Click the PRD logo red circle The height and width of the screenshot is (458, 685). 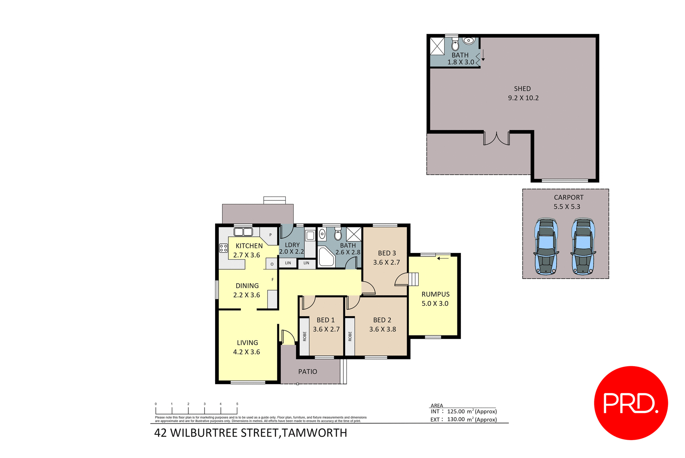tap(630, 403)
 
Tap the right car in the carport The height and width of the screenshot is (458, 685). tap(583, 247)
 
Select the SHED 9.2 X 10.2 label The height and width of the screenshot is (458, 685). tap(523, 93)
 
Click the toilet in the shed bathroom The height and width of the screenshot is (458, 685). tap(455, 45)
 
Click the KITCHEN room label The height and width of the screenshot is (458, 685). tap(249, 246)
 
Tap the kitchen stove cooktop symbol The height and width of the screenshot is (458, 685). tap(223, 248)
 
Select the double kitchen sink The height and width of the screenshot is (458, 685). tap(243, 232)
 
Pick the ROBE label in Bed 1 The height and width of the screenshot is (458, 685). tap(305, 336)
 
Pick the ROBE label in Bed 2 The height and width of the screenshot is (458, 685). tap(350, 336)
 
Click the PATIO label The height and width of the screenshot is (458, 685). tap(308, 372)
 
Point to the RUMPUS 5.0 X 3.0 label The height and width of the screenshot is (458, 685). tap(435, 299)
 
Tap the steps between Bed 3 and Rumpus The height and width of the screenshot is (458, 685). tap(413, 279)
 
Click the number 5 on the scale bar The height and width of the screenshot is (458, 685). tap(237, 404)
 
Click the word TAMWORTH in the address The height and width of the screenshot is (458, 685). tap(314, 433)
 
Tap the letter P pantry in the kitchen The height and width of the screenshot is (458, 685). tap(270, 235)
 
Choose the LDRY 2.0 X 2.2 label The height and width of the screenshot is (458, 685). tap(292, 248)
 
